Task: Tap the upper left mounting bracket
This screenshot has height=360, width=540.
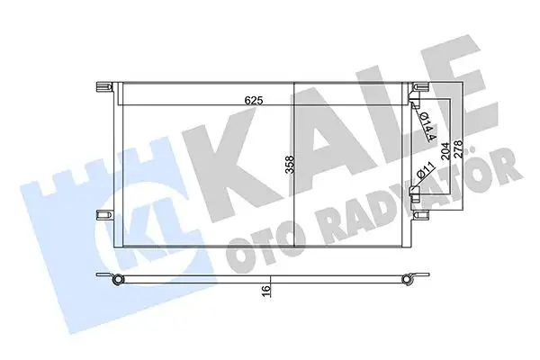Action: (103, 87)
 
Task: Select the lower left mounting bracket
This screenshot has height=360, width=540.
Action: (103, 215)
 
